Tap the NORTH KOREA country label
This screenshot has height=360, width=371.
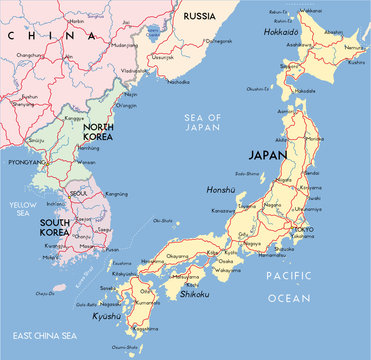pyautogui.click(x=103, y=133)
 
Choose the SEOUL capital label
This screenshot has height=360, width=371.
pyautogui.click(x=78, y=193)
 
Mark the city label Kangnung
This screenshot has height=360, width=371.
pyautogui.click(x=116, y=193)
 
